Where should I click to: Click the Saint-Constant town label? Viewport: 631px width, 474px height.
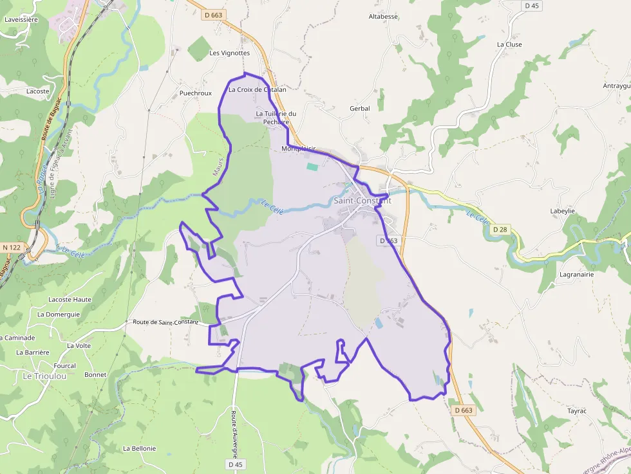coord(362,201)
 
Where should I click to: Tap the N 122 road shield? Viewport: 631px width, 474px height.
coord(11,247)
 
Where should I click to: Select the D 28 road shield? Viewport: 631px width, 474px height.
coord(500,230)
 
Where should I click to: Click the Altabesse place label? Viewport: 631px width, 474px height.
coord(383,17)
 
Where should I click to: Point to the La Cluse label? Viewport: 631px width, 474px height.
coord(509,44)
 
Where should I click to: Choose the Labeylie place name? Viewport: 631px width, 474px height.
coord(562,211)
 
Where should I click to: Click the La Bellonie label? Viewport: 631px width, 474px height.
coord(139,448)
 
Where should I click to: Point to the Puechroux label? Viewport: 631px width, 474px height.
coord(196,93)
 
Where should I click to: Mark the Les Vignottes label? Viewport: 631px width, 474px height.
coord(229,53)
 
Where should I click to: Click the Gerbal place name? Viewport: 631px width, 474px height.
coord(359,109)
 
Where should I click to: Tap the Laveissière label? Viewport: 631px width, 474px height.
coord(21,19)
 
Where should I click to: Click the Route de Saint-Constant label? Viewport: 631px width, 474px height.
coord(165,322)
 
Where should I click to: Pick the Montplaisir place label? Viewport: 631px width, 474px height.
coord(299,149)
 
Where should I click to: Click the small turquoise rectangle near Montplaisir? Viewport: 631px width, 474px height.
coord(312,167)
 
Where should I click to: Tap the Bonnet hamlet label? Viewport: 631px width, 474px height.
coord(95,374)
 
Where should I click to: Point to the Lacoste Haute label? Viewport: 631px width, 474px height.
coord(70,300)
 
